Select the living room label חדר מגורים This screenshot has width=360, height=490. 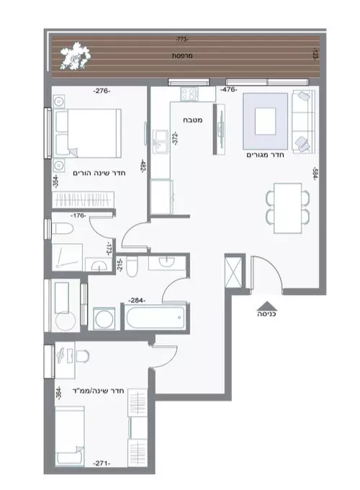262,154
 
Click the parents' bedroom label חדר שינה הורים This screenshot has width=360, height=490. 98,173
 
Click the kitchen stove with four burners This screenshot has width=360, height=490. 190,93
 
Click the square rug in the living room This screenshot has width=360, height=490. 267,118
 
